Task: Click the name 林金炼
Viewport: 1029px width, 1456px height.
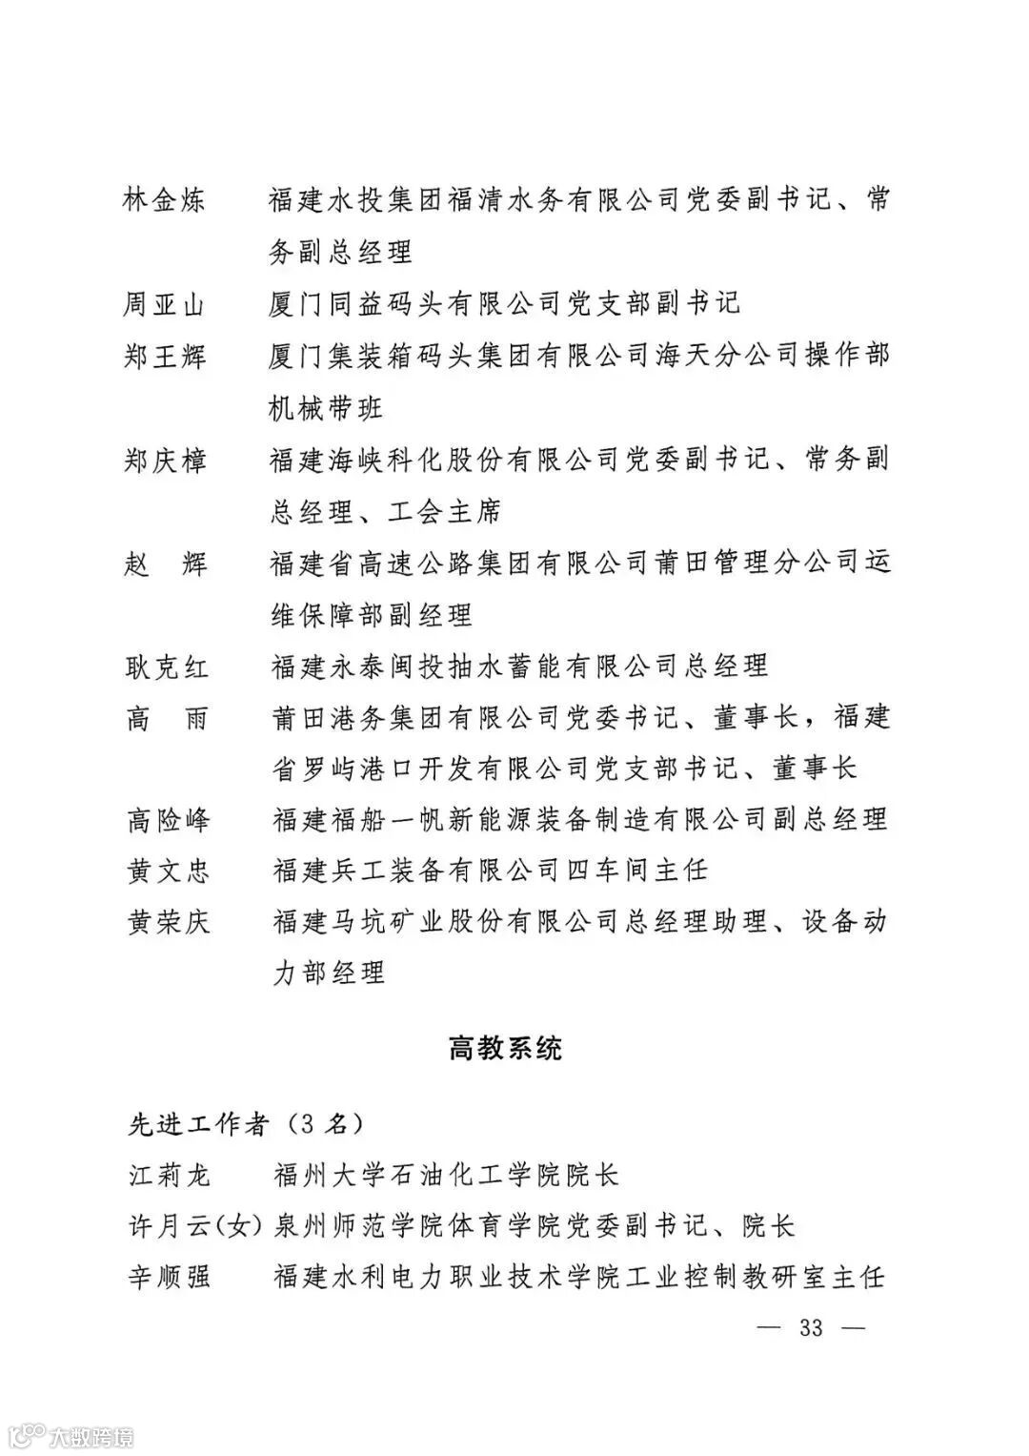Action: coord(165,201)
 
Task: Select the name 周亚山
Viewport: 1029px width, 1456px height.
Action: coord(165,305)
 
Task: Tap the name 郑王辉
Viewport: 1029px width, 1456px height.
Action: coord(165,357)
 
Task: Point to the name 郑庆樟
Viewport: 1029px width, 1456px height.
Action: coord(165,461)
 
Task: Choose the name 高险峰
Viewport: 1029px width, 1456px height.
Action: coord(169,819)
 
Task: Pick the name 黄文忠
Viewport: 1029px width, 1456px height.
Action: coord(169,871)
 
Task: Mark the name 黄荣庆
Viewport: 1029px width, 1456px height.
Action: coord(169,922)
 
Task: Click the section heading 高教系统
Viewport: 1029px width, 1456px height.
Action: coord(506,1049)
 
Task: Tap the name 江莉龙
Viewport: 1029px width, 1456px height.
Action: coord(169,1174)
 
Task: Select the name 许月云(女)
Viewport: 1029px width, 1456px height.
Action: coord(194,1225)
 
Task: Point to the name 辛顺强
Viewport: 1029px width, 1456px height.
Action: coord(169,1277)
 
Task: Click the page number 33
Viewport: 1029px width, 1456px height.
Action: coord(811,1327)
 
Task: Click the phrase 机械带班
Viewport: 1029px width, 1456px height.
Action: coord(327,408)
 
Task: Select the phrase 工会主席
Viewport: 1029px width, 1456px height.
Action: coord(444,512)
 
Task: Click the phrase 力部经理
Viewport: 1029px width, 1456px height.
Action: coord(329,974)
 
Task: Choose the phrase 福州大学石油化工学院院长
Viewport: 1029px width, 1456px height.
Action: coord(446,1174)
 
